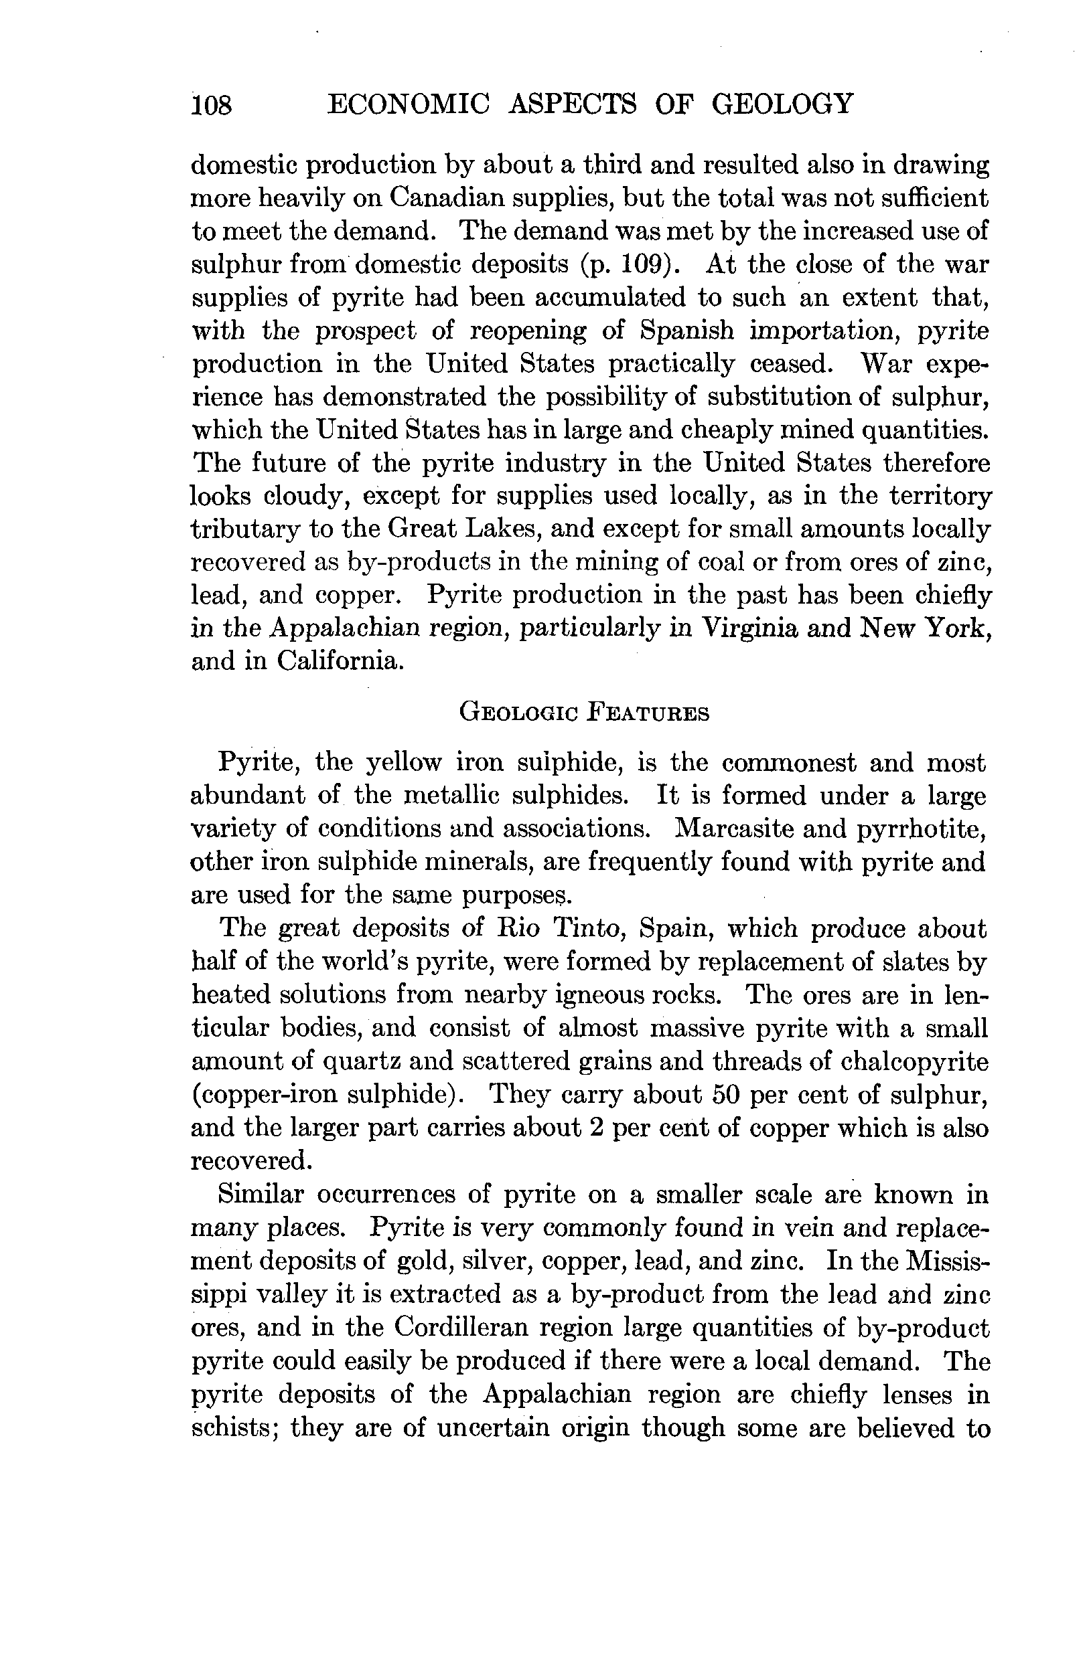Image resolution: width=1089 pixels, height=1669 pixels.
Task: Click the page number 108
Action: coord(212,105)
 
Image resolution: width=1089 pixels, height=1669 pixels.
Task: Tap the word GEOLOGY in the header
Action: coord(783,104)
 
